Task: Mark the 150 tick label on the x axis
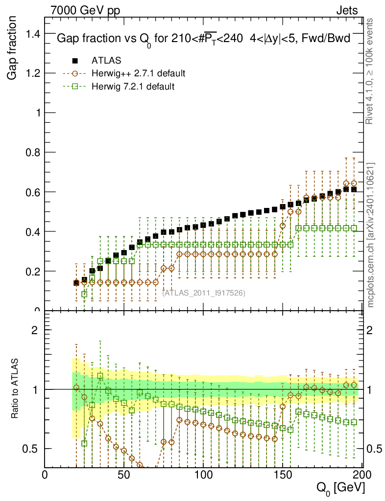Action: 283,474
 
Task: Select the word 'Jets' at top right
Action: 347,10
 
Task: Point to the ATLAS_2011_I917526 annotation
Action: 204,293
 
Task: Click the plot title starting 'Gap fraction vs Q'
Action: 203,40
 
